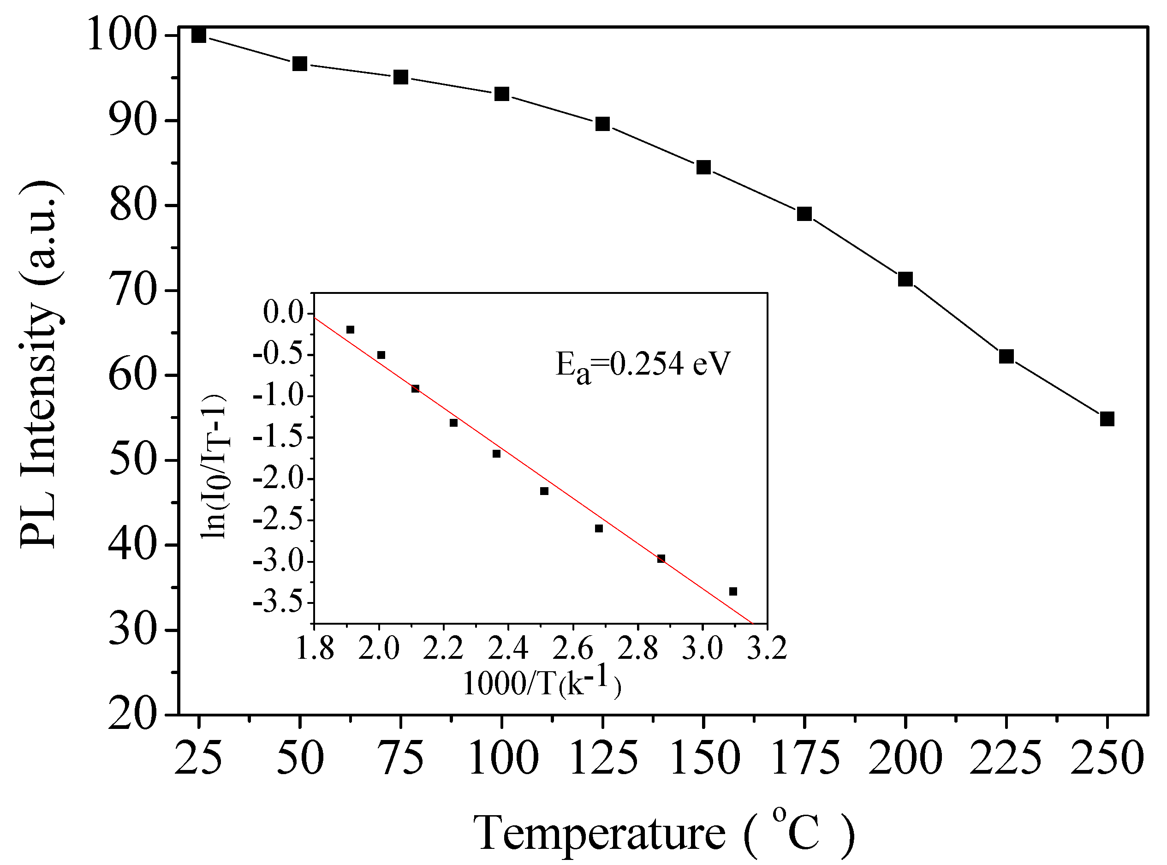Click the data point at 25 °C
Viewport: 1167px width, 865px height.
point(198,36)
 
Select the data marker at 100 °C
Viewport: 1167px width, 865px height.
point(501,94)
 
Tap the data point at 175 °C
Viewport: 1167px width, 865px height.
point(804,214)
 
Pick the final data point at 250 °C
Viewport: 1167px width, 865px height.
point(1107,419)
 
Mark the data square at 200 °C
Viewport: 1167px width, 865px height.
point(905,279)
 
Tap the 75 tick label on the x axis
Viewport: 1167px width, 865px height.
point(401,758)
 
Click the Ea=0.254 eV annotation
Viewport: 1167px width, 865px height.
point(643,365)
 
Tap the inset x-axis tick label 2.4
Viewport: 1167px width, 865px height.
point(508,649)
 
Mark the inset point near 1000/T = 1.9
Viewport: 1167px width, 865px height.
point(350,329)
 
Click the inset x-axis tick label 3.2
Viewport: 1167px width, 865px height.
point(767,649)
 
